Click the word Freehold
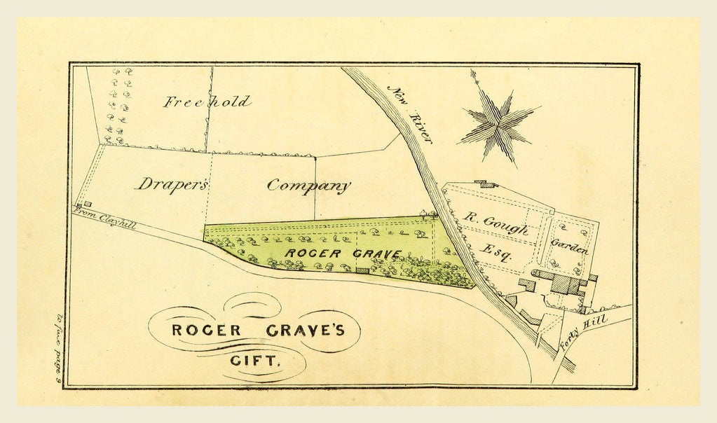[207, 102]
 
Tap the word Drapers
[172, 184]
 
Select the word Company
[308, 186]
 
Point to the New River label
[410, 114]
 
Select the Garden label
[569, 246]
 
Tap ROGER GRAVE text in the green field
[343, 254]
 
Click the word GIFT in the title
[255, 362]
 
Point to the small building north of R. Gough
[485, 184]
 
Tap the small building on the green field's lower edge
[362, 270]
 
